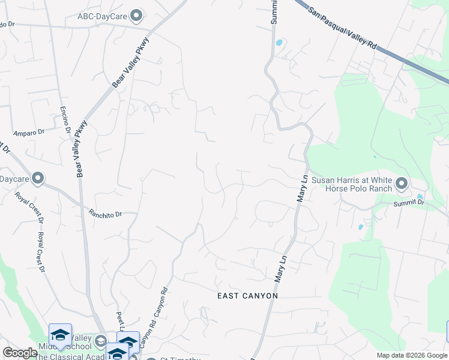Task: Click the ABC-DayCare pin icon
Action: pos(137,15)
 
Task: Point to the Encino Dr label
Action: pos(65,120)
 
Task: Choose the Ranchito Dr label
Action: pos(106,213)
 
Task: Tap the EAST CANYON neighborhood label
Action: pos(247,296)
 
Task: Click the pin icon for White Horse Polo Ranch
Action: pos(402,182)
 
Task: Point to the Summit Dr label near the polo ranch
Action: pos(409,204)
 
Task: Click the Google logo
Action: pos(20,353)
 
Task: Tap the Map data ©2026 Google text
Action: pos(412,355)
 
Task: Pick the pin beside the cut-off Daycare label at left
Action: pos(38,178)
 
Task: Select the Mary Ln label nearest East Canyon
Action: pos(279,268)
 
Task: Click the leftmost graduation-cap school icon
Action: pos(60,335)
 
